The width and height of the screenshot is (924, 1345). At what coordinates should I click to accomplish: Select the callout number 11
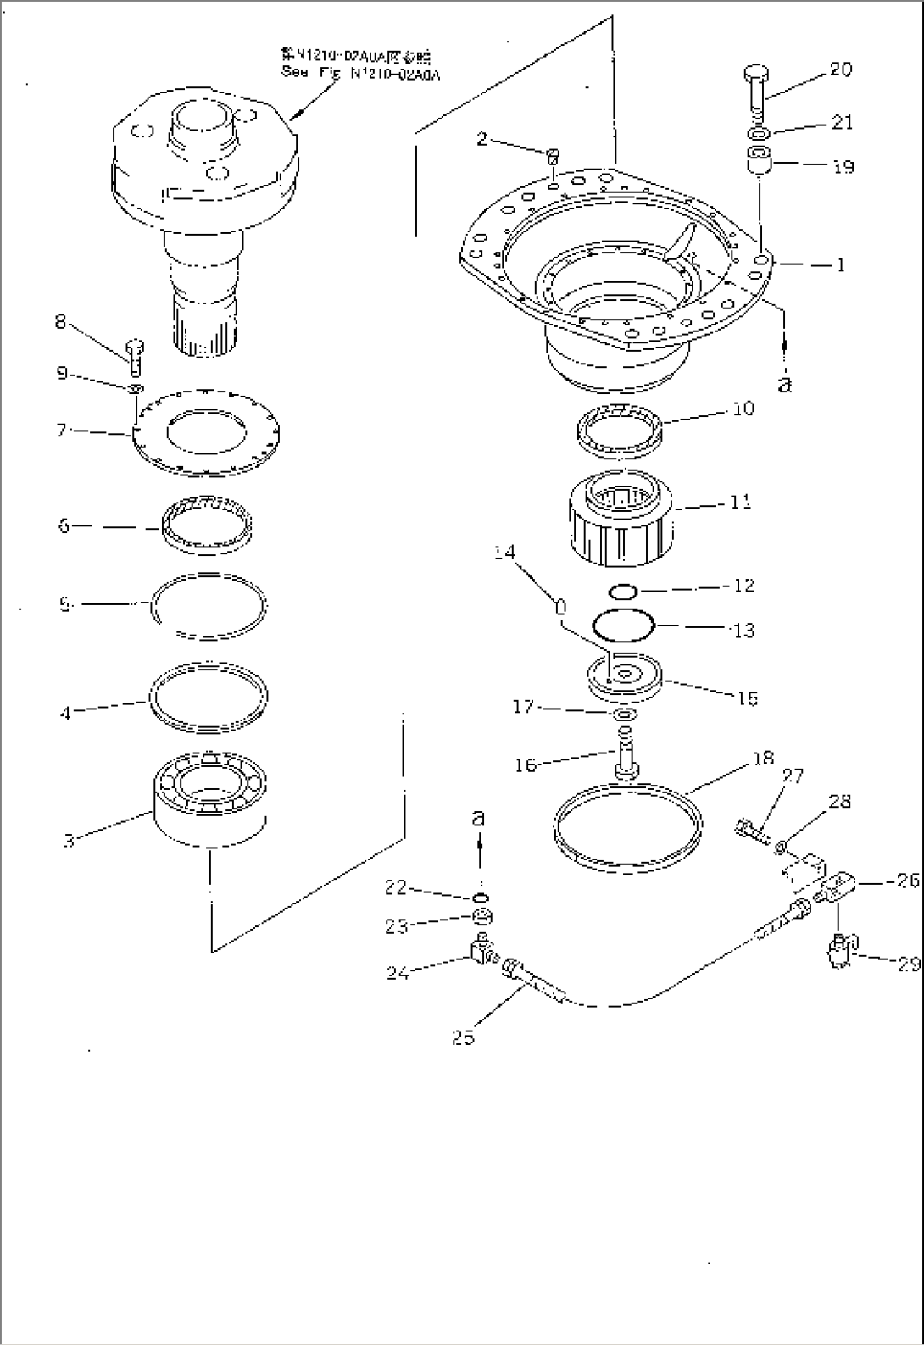[x=740, y=502]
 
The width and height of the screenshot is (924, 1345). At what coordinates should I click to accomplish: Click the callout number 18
[x=763, y=758]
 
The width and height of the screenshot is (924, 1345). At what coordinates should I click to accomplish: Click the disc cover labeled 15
[x=626, y=676]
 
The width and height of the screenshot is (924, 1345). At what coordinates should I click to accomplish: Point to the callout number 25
[x=463, y=1036]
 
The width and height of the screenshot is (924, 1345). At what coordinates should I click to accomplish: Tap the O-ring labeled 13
[x=624, y=627]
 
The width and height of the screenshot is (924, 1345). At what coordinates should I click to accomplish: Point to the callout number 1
[x=840, y=265]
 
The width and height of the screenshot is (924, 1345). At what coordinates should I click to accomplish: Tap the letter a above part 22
[x=479, y=818]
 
